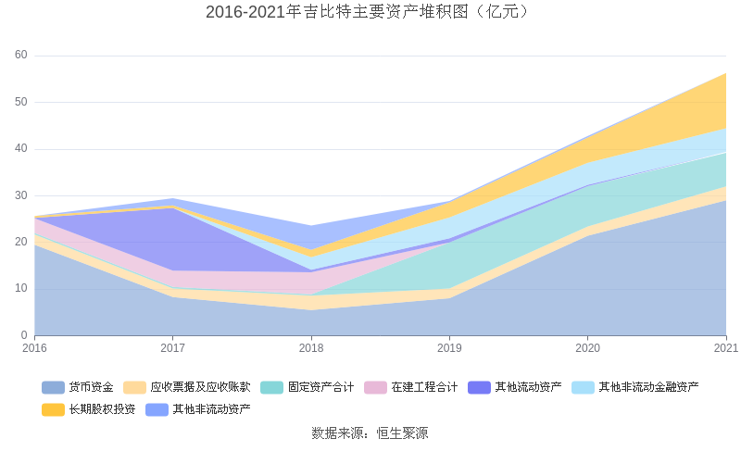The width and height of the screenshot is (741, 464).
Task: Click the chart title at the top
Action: click(x=370, y=12)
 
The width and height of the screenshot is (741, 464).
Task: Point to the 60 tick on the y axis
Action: click(x=21, y=56)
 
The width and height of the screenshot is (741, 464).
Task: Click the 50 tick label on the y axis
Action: click(x=21, y=102)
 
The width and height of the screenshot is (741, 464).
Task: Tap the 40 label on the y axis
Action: click(x=21, y=148)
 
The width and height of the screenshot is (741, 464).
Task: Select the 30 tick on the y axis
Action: click(x=21, y=195)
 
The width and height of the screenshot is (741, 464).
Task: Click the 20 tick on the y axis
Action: click(x=21, y=242)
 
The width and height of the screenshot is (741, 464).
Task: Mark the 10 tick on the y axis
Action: click(x=21, y=288)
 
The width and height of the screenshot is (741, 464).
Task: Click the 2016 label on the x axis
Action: click(x=34, y=348)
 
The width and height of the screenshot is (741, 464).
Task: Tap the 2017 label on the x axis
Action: click(x=172, y=348)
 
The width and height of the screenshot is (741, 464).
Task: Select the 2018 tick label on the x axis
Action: click(x=311, y=348)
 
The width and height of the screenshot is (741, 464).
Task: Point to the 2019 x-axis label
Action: click(x=449, y=348)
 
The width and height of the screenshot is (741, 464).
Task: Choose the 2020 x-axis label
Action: click(x=587, y=348)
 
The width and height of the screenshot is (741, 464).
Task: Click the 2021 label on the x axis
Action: click(x=725, y=348)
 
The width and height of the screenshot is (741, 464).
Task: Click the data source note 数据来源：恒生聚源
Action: click(x=370, y=433)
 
